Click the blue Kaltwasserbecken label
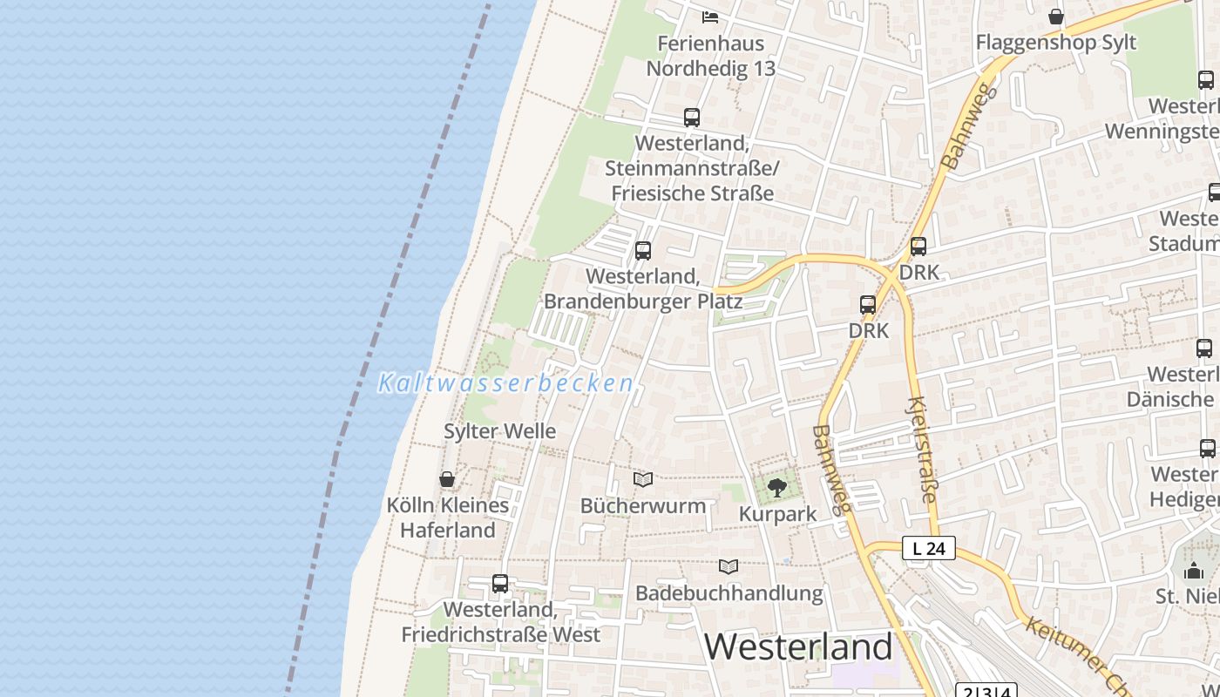(505, 383)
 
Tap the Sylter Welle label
(499, 431)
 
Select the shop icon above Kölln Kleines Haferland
(447, 479)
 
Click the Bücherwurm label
(643, 505)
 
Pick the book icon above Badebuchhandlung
(729, 566)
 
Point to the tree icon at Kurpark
(776, 488)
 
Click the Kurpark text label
(777, 514)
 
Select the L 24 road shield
(928, 549)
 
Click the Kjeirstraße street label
(921, 450)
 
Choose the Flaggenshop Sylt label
(1055, 42)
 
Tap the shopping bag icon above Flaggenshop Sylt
(1056, 17)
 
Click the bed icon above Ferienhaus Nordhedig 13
(710, 17)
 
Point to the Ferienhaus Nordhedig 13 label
(710, 56)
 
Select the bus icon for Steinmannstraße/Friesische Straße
(692, 118)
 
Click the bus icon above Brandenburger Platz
(643, 251)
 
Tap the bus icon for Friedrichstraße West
(500, 584)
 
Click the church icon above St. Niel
(1194, 571)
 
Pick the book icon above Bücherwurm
(643, 479)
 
